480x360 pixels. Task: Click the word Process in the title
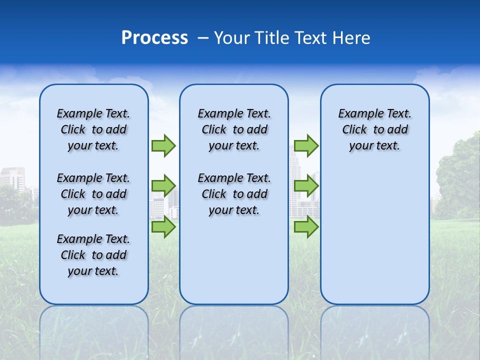point(154,38)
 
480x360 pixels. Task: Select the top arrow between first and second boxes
point(163,145)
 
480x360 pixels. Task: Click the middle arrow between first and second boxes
point(163,186)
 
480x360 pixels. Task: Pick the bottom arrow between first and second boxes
point(163,227)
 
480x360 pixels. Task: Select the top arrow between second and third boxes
point(306,145)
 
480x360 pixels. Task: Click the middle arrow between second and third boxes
point(306,186)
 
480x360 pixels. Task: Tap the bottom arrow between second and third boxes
point(306,227)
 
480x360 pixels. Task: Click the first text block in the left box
point(93,129)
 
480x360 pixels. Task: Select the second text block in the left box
point(93,194)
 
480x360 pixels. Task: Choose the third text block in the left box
point(93,255)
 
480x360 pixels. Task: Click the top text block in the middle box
point(234,129)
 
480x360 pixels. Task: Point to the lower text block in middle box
point(234,194)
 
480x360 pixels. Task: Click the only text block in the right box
point(374,129)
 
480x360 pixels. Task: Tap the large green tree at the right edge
point(458,175)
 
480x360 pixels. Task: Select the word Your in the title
point(231,38)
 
